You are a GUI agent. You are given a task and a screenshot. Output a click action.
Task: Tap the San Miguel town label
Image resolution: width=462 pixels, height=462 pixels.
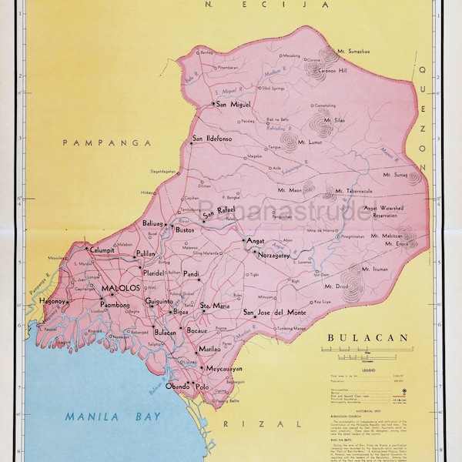232,104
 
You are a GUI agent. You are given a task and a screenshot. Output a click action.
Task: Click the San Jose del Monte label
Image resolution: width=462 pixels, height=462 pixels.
275,312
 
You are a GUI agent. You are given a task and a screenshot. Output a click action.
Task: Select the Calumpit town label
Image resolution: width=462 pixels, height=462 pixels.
102,250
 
